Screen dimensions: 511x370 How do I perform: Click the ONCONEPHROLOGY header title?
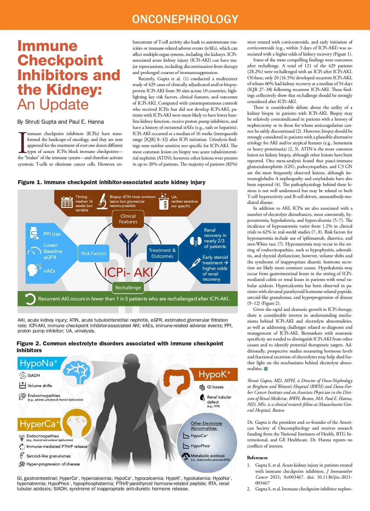point(185,19)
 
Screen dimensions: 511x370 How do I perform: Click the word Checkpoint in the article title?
point(60,60)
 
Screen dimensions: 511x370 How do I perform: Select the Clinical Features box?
point(128,219)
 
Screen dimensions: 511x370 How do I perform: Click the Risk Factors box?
point(94,253)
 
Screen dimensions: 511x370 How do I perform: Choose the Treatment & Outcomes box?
point(162,253)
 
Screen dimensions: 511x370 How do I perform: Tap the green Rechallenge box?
point(128,287)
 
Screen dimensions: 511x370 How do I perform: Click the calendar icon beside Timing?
point(67,202)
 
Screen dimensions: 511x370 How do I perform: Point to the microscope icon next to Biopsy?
point(102,201)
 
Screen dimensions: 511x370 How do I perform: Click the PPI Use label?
point(52,234)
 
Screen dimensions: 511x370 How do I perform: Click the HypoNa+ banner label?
point(39,363)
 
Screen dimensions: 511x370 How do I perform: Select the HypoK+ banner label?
point(214,374)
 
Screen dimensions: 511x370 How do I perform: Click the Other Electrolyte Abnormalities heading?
point(206,426)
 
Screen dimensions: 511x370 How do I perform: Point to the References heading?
point(257,458)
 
